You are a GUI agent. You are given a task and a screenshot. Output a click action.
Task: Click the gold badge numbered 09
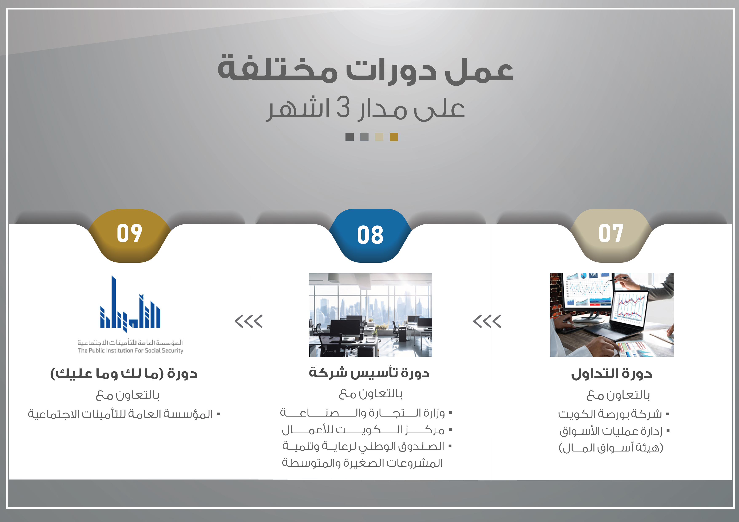[129, 236]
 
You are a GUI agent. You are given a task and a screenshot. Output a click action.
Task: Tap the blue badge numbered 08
[370, 236]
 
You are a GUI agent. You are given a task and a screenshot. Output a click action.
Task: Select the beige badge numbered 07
[611, 236]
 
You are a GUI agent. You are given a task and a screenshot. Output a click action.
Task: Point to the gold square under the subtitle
[394, 137]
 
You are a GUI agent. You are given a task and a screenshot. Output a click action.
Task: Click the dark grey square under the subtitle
[349, 137]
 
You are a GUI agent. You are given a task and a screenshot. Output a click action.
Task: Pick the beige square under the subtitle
[379, 137]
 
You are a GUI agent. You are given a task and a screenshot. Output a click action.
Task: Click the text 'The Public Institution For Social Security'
[130, 351]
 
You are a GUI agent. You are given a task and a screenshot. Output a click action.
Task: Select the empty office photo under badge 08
[370, 314]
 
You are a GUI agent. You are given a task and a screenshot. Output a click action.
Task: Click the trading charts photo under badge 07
[612, 314]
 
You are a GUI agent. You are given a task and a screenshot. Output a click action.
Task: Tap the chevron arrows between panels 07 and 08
[487, 321]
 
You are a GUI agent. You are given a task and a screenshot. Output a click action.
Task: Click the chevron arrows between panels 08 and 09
[249, 321]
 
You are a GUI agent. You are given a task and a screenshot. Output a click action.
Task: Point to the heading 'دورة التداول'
[612, 374]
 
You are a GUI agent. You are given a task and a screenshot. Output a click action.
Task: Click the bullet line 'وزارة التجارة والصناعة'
[366, 413]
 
